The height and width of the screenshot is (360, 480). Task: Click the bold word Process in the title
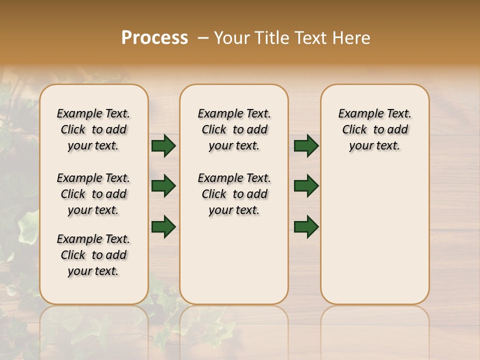(154, 38)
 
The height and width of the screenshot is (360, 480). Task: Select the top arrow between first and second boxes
(163, 146)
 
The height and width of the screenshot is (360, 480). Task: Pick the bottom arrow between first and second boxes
(163, 226)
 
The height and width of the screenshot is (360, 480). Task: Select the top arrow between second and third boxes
(306, 146)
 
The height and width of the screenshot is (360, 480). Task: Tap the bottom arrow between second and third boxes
(306, 226)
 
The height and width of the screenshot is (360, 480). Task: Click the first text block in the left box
(93, 129)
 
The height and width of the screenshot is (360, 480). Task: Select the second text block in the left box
(93, 194)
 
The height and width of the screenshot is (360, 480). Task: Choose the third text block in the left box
(93, 255)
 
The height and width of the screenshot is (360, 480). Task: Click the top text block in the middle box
(234, 129)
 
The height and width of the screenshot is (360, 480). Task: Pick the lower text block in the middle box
(234, 194)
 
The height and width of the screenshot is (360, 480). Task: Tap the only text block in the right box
(374, 129)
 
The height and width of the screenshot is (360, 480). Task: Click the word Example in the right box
(358, 114)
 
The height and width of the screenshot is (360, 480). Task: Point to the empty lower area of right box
(374, 235)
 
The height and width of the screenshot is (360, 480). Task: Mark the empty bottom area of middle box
(234, 265)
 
